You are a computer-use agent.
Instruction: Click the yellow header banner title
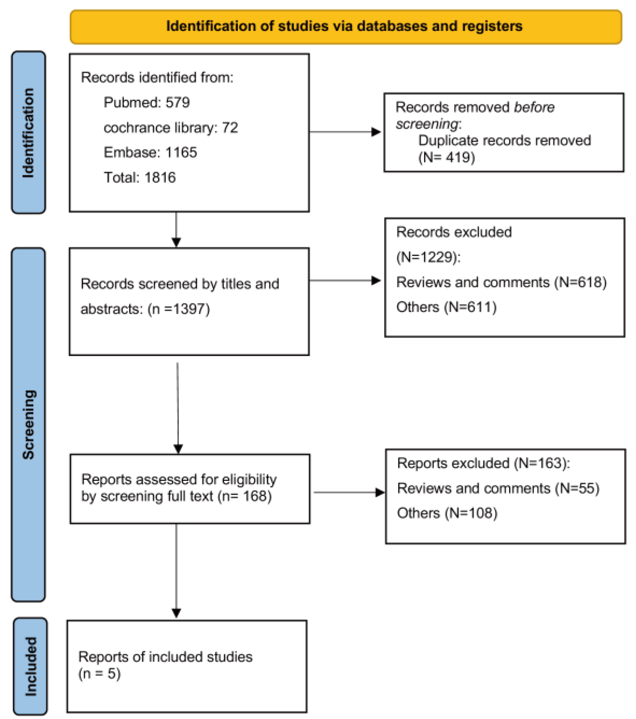click(x=344, y=27)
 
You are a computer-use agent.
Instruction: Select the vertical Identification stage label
click(x=28, y=133)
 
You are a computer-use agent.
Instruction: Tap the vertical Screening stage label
click(x=28, y=424)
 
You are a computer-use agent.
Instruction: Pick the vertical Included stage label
click(x=31, y=666)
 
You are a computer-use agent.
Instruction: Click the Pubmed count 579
click(x=178, y=103)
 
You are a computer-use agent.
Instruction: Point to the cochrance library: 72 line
click(x=171, y=128)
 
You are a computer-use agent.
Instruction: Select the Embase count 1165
click(x=181, y=152)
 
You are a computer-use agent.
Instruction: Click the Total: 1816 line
click(x=140, y=178)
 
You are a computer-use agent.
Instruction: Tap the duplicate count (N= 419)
click(x=447, y=157)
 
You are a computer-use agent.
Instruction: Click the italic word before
click(x=534, y=107)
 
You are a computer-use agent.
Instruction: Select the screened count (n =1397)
click(x=179, y=309)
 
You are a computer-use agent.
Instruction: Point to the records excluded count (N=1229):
click(x=428, y=257)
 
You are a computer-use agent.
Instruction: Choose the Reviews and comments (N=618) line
click(x=501, y=282)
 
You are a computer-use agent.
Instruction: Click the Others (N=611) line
click(x=446, y=307)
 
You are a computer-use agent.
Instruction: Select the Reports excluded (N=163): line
click(x=483, y=463)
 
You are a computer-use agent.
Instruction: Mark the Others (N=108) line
click(x=447, y=513)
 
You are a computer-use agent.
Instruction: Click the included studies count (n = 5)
click(x=99, y=673)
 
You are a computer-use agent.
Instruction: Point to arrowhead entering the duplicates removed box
click(x=376, y=132)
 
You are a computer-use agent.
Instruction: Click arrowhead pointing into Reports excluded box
click(x=380, y=492)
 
